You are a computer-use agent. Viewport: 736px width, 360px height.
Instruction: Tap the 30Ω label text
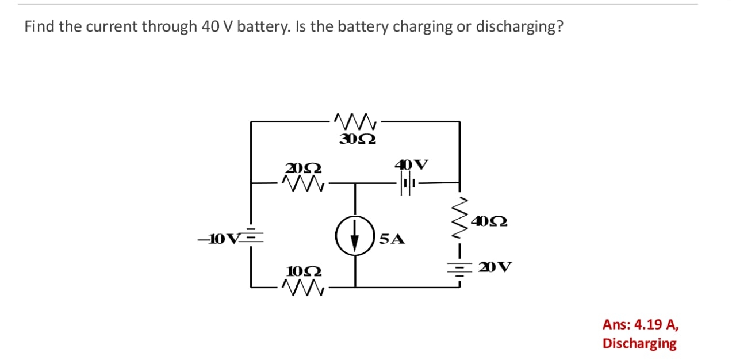tap(358, 139)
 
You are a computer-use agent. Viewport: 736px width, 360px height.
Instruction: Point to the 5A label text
tap(392, 239)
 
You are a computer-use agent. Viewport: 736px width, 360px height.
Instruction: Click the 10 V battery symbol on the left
tap(251, 238)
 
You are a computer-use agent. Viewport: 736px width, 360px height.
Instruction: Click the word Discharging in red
tap(639, 343)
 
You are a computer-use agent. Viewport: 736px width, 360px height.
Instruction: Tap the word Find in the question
tap(39, 27)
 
